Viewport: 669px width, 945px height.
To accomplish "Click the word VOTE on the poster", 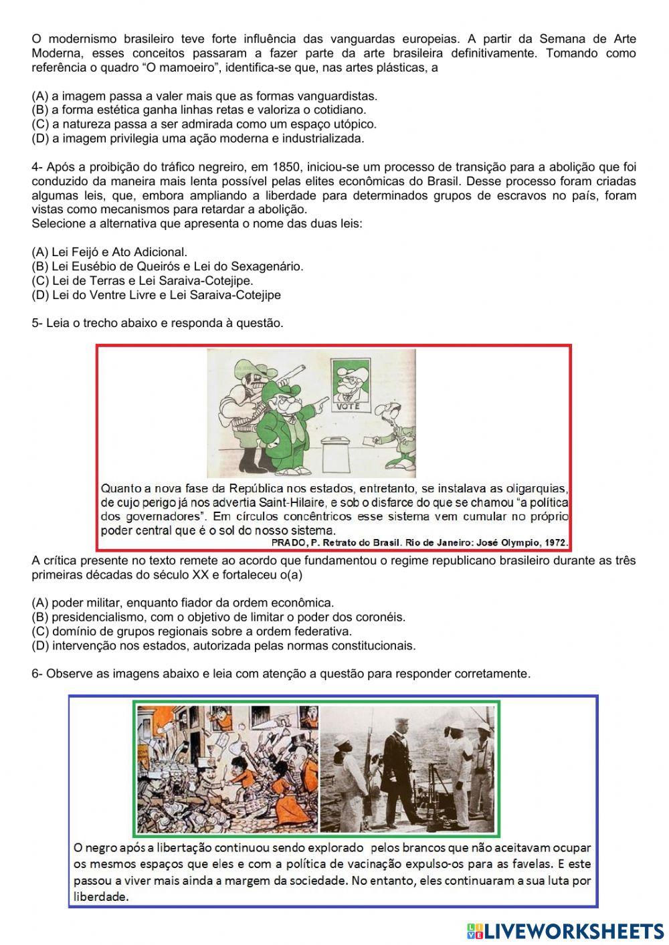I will pyautogui.click(x=348, y=406).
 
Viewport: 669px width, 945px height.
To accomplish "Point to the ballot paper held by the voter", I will pyautogui.click(x=370, y=440).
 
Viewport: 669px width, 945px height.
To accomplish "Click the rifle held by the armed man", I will pyautogui.click(x=280, y=373).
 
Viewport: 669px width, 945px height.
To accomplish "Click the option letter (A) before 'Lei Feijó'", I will pyautogui.click(x=40, y=252).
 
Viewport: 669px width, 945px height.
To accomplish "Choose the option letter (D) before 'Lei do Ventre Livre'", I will pyautogui.click(x=40, y=295).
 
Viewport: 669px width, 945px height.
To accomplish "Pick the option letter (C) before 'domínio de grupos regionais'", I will pyautogui.click(x=40, y=631).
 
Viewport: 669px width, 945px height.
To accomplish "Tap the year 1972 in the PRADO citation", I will pyautogui.click(x=554, y=542).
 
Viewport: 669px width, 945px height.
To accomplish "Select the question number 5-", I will pyautogui.click(x=37, y=323).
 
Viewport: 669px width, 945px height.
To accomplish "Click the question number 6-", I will pyautogui.click(x=37, y=674).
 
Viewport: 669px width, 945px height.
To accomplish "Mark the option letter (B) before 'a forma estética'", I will pyautogui.click(x=40, y=110).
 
